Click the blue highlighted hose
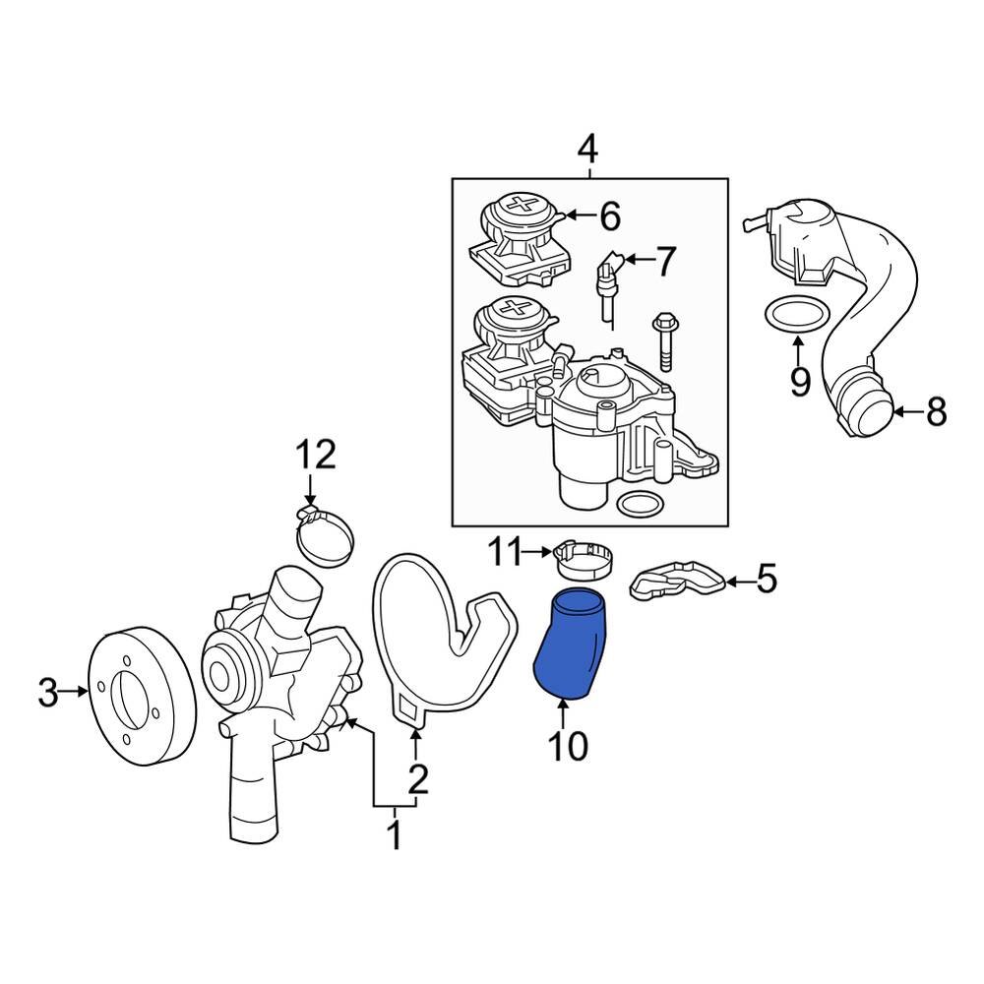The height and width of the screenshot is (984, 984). pos(572,645)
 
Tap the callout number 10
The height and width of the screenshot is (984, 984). pos(568,746)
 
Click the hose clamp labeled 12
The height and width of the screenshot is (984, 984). pos(326,537)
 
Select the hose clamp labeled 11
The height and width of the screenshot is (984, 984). pos(586,562)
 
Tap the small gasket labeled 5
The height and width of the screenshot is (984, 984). pos(679,583)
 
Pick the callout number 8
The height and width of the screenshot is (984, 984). pos(935,412)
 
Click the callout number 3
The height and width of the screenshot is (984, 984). pos(48,693)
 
